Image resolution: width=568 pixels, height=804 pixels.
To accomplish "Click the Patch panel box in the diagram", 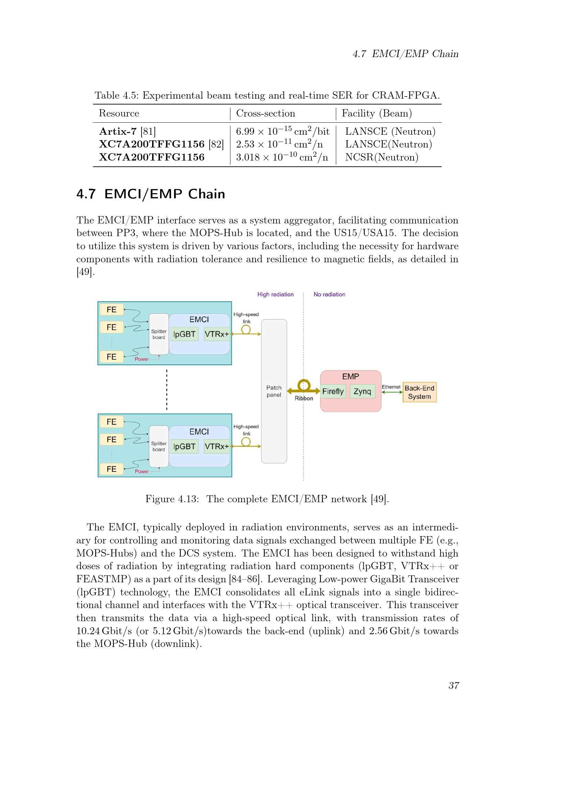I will pyautogui.click(x=274, y=391).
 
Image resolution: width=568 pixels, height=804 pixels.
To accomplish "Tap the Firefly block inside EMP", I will pyautogui.click(x=333, y=391).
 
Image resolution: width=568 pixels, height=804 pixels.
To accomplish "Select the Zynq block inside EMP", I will pyautogui.click(x=362, y=391).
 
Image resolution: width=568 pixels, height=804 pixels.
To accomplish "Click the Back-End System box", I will pyautogui.click(x=419, y=392).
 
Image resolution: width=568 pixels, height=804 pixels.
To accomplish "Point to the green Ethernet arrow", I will pyautogui.click(x=392, y=392).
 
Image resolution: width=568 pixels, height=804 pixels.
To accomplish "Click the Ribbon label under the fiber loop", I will pyautogui.click(x=304, y=398).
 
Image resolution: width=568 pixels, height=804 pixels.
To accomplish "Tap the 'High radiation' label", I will pyautogui.click(x=275, y=295).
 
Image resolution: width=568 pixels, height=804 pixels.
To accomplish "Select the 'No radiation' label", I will pyautogui.click(x=329, y=295).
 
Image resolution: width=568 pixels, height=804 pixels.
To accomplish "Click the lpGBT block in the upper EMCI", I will pyautogui.click(x=184, y=334).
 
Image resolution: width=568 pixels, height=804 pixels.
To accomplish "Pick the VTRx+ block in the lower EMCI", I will pyautogui.click(x=216, y=447).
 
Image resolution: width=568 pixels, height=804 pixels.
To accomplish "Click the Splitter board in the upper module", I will pyautogui.click(x=159, y=334).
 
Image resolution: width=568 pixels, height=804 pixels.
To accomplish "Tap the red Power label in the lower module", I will pyautogui.click(x=141, y=471).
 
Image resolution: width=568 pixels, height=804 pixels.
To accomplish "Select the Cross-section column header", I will pyautogui.click(x=265, y=113).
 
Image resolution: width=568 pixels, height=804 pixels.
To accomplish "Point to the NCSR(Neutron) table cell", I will pyautogui.click(x=382, y=157).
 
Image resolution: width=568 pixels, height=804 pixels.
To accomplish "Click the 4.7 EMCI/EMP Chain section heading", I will pyautogui.click(x=151, y=194).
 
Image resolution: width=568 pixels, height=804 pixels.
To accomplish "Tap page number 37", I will pyautogui.click(x=454, y=685).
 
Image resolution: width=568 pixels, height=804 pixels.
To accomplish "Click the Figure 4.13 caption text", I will pyautogui.click(x=267, y=499).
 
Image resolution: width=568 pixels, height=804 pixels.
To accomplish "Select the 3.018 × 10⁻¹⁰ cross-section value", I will pyautogui.click(x=282, y=157).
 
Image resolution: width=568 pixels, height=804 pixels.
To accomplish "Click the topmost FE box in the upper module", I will pyautogui.click(x=112, y=310).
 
